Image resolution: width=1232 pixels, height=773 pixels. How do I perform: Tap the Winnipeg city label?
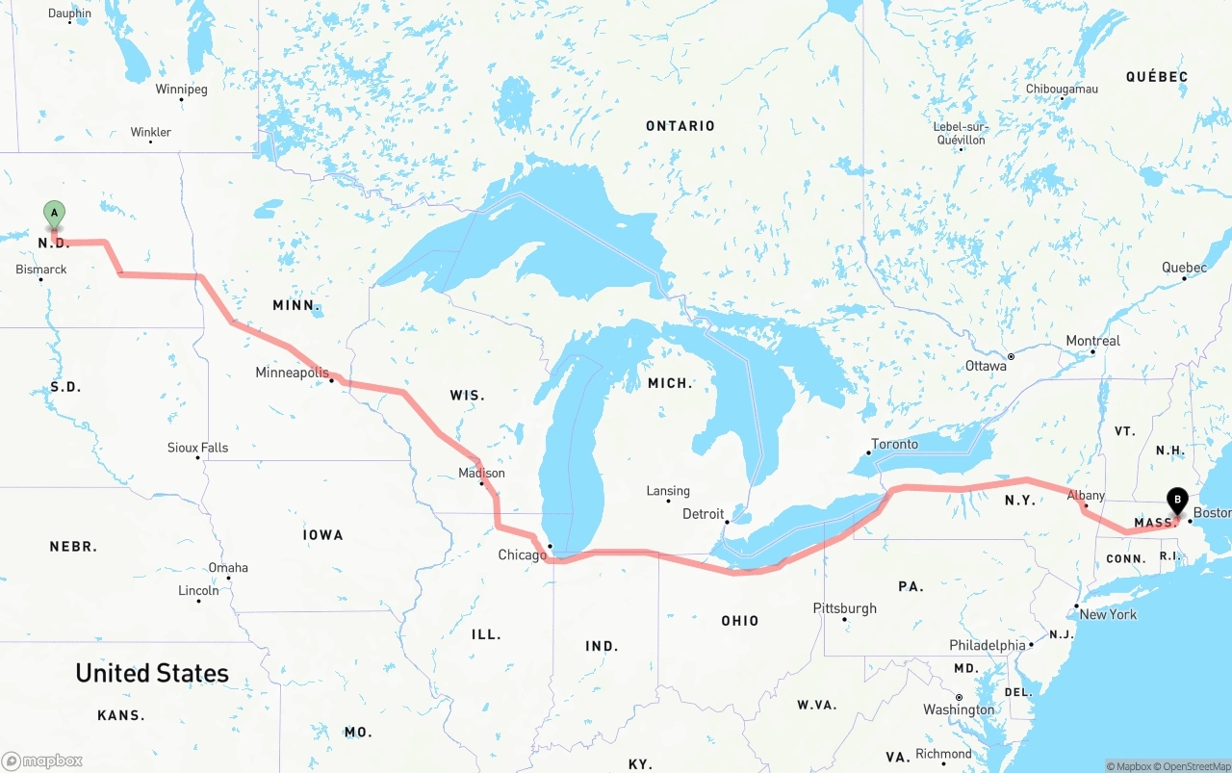pyautogui.click(x=181, y=90)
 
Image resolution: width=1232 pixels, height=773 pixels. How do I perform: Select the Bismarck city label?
pyautogui.click(x=41, y=270)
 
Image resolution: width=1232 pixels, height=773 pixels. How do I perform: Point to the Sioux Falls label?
pyautogui.click(x=197, y=448)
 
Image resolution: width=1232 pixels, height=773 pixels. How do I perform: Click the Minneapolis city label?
pyautogui.click(x=292, y=373)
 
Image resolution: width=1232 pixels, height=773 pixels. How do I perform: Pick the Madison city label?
pyautogui.click(x=481, y=473)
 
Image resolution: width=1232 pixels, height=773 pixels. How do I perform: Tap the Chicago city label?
pyautogui.click(x=522, y=554)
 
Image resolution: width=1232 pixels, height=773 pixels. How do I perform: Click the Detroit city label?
pyautogui.click(x=703, y=514)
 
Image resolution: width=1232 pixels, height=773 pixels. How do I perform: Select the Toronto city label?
pyautogui.click(x=894, y=445)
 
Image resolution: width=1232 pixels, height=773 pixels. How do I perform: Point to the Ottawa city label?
pyautogui.click(x=986, y=366)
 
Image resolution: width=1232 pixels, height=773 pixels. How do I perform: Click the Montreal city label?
pyautogui.click(x=1092, y=341)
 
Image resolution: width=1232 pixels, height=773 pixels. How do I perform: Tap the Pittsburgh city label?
pyautogui.click(x=844, y=608)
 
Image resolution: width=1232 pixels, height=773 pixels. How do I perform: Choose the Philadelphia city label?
pyautogui.click(x=988, y=645)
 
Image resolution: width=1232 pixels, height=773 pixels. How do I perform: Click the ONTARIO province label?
pyautogui.click(x=680, y=126)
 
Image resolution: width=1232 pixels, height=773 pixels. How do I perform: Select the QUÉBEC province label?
pyautogui.click(x=1157, y=77)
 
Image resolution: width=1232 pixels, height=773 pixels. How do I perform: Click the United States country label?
pyautogui.click(x=152, y=673)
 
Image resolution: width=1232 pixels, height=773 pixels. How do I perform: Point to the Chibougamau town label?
pyautogui.click(x=1062, y=89)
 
